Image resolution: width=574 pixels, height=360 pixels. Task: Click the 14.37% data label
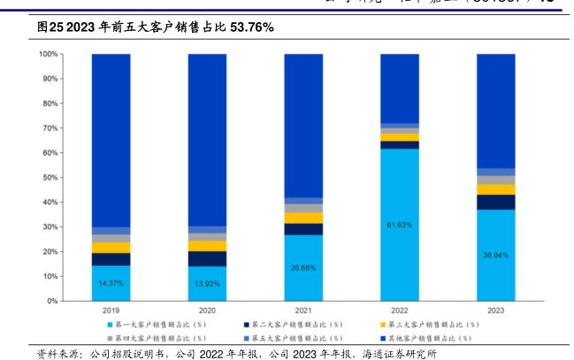pyautogui.click(x=111, y=283)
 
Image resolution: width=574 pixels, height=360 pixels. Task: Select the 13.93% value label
pyautogui.click(x=207, y=283)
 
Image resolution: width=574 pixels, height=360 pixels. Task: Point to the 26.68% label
pyautogui.click(x=303, y=267)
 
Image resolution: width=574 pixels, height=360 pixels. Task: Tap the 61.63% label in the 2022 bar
pyautogui.click(x=399, y=225)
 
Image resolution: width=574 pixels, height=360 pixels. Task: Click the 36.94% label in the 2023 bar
pyautogui.click(x=495, y=255)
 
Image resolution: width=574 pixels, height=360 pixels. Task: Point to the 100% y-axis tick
pyautogui.click(x=49, y=54)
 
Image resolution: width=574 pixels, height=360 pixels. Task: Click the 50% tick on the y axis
pyautogui.click(x=50, y=178)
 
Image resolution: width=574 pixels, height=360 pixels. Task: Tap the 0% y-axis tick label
pyautogui.click(x=53, y=301)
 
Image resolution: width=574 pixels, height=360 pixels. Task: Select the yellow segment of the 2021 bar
pyautogui.click(x=303, y=218)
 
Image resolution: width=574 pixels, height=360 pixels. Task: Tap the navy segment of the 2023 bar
pyautogui.click(x=495, y=202)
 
